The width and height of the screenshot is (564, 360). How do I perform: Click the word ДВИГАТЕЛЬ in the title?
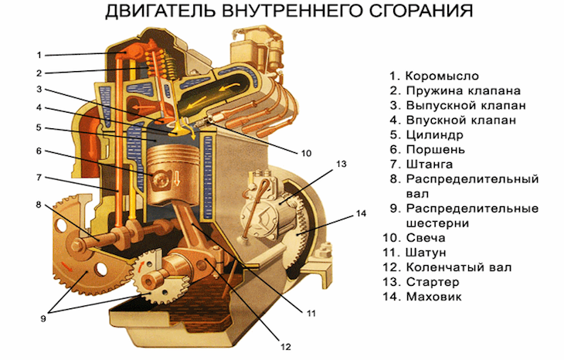point(160,12)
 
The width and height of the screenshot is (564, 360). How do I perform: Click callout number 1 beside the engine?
point(39,55)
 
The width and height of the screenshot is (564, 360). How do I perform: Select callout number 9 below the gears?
point(43,318)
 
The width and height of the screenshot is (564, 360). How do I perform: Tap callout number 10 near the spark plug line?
point(306,154)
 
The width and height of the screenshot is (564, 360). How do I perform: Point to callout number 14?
point(361,214)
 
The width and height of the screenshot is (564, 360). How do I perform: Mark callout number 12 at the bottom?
point(286,347)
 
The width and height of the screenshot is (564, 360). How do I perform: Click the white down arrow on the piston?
point(177,178)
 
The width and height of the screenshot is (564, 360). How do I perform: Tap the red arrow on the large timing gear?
point(67,267)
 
